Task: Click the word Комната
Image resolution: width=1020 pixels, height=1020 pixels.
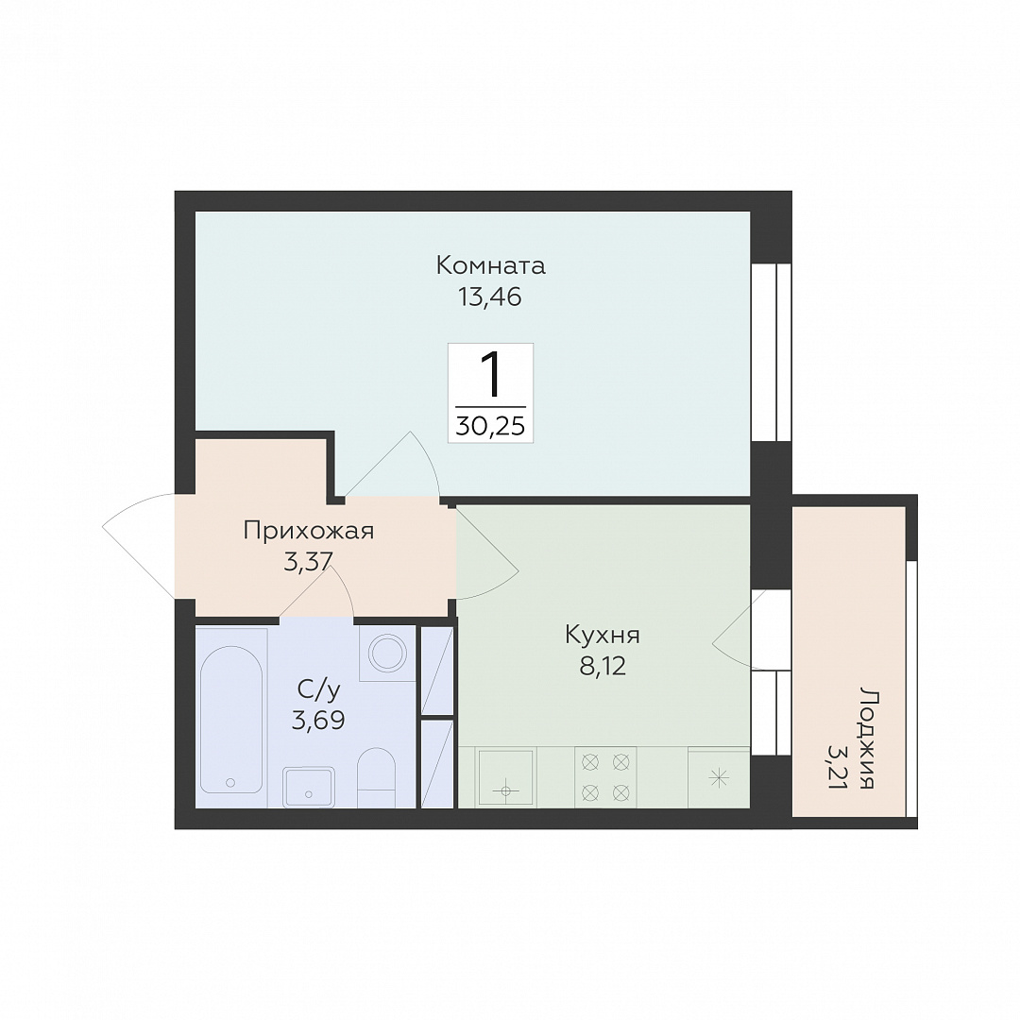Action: click(490, 266)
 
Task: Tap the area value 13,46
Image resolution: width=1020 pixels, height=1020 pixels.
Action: click(490, 297)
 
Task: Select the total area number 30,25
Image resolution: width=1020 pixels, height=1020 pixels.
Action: click(490, 426)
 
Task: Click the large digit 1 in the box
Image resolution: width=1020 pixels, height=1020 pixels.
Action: click(491, 376)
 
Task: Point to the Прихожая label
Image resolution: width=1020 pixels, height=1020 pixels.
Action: click(309, 531)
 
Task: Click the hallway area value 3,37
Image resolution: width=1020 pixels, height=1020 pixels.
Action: click(308, 561)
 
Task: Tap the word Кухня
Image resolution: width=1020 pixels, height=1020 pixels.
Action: click(603, 635)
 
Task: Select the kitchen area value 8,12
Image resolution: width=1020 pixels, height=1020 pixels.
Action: click(603, 666)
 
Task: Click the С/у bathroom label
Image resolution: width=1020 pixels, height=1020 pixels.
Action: click(318, 690)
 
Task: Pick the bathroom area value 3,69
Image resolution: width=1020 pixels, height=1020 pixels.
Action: click(318, 720)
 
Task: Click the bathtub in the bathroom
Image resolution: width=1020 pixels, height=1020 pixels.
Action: click(231, 720)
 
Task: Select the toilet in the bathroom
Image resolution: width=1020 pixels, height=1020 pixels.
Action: click(377, 777)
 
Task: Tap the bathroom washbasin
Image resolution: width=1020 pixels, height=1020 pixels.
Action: click(309, 787)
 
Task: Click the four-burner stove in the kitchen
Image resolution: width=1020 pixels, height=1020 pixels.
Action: click(605, 776)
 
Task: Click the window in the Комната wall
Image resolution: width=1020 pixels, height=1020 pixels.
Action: click(772, 352)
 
